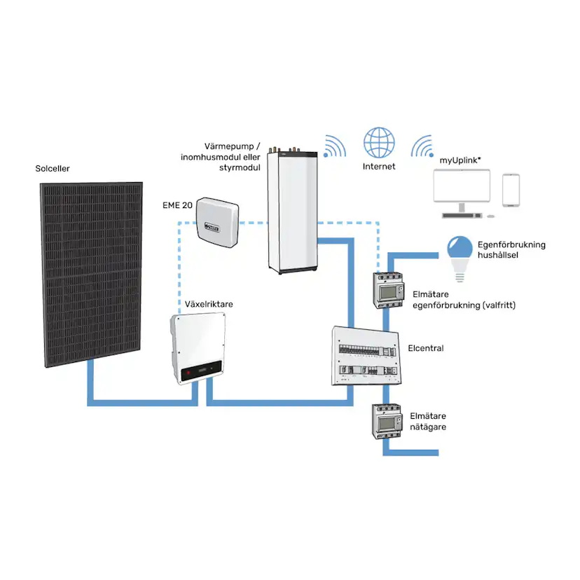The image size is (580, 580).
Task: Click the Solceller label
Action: [53, 169]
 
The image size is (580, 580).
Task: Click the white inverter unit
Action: [198, 348]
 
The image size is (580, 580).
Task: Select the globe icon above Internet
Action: [379, 142]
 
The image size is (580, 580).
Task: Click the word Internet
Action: [379, 167]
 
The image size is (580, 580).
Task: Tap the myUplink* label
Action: [460, 160]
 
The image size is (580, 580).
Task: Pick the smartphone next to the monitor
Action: [511, 191]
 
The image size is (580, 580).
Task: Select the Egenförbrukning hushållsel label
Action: [510, 250]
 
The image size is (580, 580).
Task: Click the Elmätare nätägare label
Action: [427, 421]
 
